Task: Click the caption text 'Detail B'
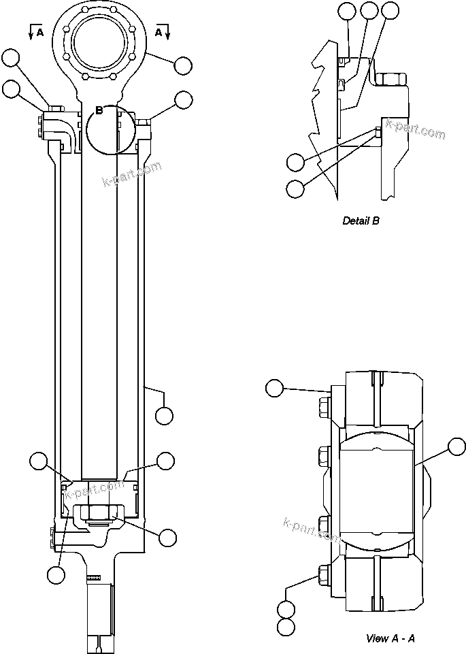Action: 361,220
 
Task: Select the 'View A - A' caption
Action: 390,638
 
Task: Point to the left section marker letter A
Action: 41,31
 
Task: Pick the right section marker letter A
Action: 159,31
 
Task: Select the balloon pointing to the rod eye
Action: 182,65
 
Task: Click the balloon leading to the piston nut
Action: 167,537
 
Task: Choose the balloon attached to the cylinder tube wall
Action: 164,414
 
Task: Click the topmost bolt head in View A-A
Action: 322,406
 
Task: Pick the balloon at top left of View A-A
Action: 274,389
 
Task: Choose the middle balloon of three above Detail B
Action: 369,10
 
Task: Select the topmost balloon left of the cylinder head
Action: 11,59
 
